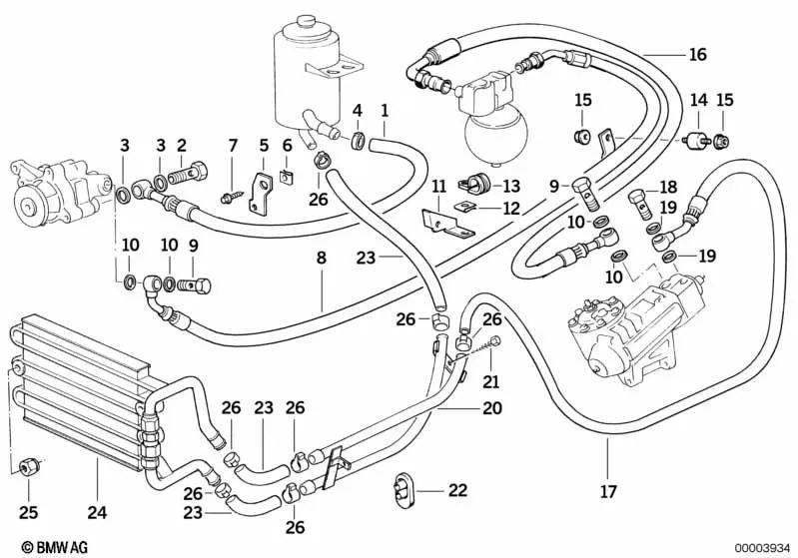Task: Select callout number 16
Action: pos(697,54)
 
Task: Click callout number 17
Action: pos(608,491)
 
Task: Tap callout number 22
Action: pos(457,490)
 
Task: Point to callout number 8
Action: pos(321,258)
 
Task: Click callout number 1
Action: pos(385,109)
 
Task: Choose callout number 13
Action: pos(511,185)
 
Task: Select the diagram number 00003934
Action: pos(760,546)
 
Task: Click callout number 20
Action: pos(490,407)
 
